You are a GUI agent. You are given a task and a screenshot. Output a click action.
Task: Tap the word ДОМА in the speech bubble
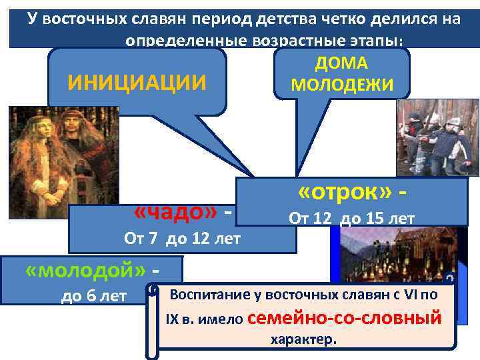point(343,64)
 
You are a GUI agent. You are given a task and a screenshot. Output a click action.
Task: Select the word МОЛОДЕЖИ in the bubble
point(342,85)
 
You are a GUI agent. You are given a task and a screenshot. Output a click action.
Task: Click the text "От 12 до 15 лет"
point(351,218)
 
